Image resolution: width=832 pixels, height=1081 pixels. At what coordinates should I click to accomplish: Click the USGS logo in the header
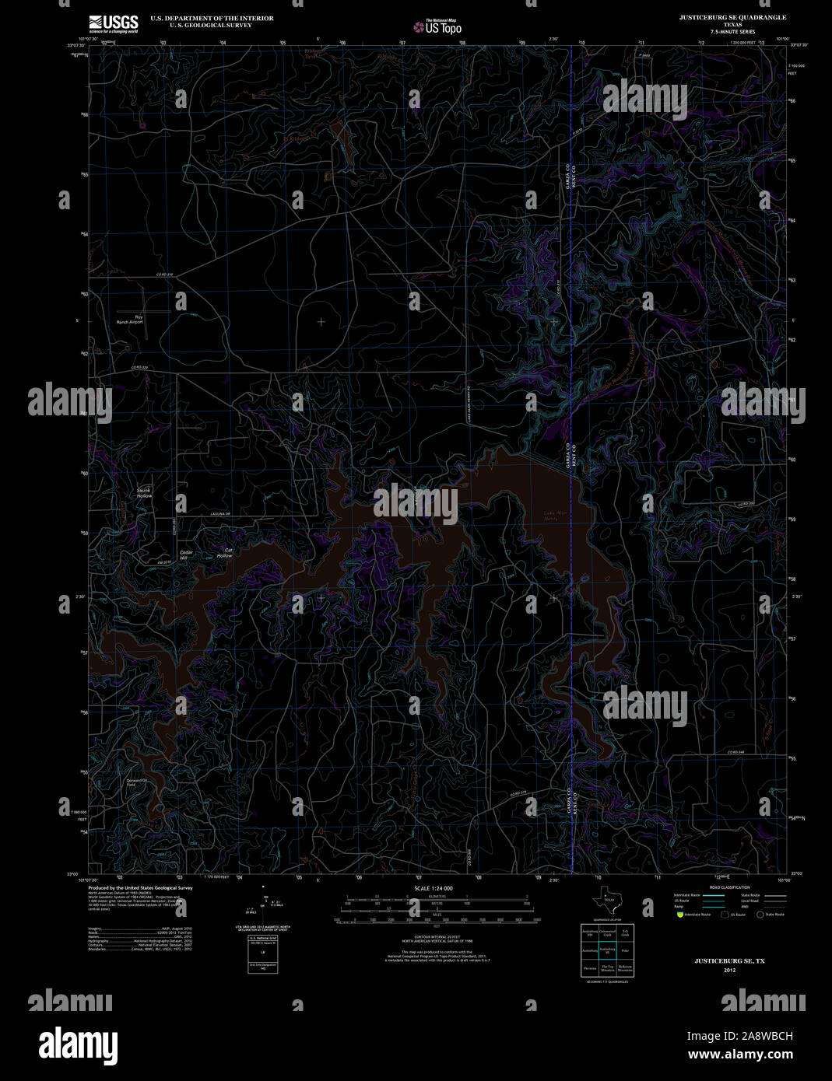114,23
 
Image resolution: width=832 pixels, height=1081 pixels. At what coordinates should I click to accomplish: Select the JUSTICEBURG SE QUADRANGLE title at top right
721,17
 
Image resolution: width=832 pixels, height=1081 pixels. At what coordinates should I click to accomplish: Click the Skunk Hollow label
145,492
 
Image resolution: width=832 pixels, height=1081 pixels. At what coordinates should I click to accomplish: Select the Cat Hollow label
224,553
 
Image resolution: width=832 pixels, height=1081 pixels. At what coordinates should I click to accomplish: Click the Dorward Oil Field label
136,782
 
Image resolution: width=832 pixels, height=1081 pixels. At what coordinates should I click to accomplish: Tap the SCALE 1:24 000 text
434,888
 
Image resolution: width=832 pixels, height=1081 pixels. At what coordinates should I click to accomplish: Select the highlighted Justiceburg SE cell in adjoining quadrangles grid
607,950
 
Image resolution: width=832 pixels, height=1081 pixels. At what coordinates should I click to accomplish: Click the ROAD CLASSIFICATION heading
729,887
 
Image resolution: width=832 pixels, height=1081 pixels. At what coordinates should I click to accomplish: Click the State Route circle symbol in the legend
760,915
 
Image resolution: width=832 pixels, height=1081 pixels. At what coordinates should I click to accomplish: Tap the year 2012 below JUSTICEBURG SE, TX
729,970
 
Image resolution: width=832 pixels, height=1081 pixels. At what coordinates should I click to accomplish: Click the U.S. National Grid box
263,952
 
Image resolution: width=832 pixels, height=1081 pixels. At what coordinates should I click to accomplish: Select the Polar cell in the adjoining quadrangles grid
625,950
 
